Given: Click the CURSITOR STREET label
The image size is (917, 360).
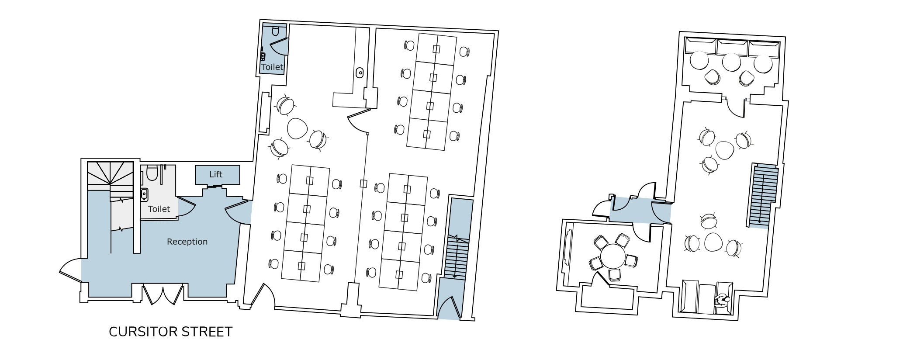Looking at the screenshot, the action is (x=170, y=332).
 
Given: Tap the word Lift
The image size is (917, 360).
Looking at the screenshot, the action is (x=216, y=174).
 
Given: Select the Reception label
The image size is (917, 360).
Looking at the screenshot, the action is (x=187, y=242).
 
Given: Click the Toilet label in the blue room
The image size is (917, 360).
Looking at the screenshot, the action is (x=272, y=67).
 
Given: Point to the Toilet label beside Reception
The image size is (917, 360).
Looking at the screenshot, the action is (x=159, y=209).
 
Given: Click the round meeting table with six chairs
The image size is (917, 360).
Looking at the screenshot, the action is (x=613, y=256).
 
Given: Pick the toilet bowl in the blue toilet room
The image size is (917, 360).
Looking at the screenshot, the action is (x=275, y=31).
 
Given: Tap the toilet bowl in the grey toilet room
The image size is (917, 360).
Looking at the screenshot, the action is (x=152, y=173).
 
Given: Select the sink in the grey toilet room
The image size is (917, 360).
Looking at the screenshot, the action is (x=144, y=194).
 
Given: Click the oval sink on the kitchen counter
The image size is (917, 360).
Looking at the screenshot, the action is (x=360, y=73).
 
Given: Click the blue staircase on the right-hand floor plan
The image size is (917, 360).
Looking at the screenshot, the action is (x=764, y=195).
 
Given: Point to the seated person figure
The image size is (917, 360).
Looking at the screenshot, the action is (x=723, y=300).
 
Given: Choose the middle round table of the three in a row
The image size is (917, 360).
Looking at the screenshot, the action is (x=731, y=62).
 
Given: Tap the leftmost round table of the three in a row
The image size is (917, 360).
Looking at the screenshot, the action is (x=699, y=60).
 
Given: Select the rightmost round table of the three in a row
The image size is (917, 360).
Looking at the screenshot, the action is (x=763, y=64).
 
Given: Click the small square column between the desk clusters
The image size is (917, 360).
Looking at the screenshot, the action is (x=363, y=183).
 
